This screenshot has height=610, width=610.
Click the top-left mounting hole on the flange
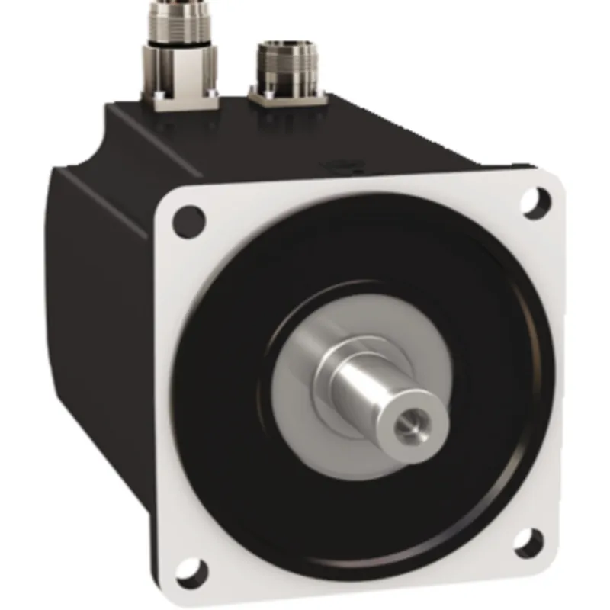click(189, 221)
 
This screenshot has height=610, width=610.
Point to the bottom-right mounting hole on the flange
click(526, 542)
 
